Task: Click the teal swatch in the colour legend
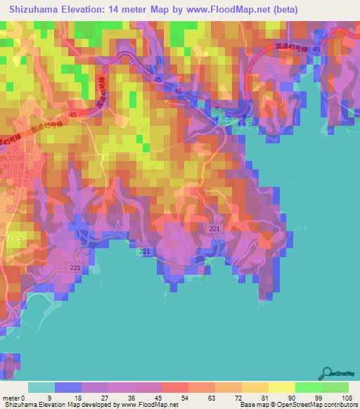click(41, 387)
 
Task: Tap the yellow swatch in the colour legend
click(282, 387)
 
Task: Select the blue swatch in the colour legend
click(68, 387)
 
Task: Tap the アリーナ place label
click(14, 238)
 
